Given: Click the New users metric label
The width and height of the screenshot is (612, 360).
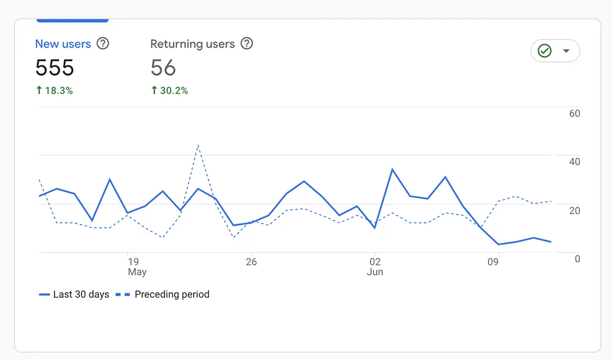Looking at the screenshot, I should point(63,44).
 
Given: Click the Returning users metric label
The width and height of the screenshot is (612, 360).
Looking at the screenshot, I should point(192,44).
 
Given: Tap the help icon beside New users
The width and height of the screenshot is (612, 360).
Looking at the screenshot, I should point(103,44).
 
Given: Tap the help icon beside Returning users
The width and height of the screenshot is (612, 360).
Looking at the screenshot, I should point(247,44).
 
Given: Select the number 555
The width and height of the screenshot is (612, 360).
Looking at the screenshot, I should point(55,68).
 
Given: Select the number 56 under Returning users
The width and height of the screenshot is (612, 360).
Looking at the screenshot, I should point(163,68).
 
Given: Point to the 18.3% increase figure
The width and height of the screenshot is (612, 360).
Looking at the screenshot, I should point(55,91).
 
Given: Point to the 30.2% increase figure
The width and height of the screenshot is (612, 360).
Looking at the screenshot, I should point(169,91).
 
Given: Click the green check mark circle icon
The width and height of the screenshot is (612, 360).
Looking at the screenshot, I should point(545,51).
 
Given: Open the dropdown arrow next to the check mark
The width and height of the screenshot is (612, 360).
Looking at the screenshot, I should point(566,51).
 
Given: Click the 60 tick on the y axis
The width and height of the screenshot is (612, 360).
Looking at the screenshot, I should point(574,114).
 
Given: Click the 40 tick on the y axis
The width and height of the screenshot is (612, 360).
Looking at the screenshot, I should point(574,162).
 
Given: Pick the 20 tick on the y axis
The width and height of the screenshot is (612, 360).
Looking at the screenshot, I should point(574,211).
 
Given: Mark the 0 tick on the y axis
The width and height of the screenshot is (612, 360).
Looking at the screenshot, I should point(577,259).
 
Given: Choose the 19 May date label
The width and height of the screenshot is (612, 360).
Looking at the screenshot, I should point(135,267).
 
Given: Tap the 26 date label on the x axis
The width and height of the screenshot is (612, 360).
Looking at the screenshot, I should point(251,262).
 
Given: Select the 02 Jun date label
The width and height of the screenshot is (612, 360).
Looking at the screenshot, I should point(375,267).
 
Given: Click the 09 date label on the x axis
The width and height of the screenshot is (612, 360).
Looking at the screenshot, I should point(493,262).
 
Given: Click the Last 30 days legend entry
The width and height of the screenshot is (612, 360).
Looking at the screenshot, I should point(74,295).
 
